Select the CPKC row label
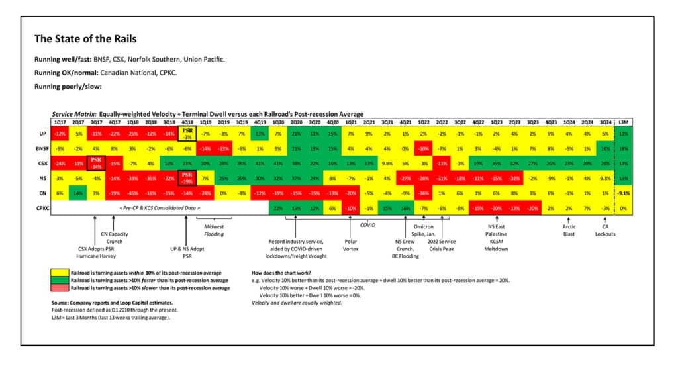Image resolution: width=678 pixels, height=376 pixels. [44, 208]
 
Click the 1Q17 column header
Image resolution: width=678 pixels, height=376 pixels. [60, 123]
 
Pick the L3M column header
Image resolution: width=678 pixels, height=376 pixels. [622, 123]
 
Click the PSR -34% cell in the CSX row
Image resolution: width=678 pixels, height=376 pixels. [96, 164]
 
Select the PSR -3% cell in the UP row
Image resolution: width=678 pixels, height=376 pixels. [187, 134]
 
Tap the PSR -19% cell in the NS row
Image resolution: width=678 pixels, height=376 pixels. [187, 178]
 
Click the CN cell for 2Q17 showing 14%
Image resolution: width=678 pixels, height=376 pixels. [78, 193]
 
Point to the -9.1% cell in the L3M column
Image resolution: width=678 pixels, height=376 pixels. [622, 193]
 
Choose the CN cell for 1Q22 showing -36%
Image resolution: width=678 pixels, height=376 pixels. [424, 193]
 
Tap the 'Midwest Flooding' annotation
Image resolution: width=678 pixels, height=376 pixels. [214, 230]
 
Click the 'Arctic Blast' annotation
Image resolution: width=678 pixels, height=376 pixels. [569, 230]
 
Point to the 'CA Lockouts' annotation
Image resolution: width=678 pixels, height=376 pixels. [605, 230]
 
